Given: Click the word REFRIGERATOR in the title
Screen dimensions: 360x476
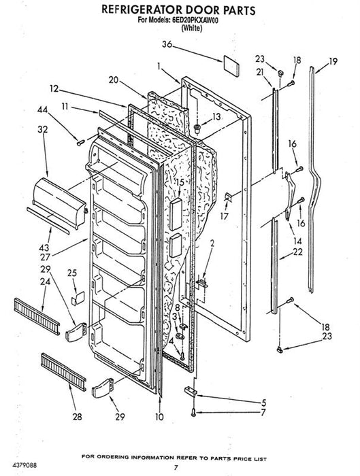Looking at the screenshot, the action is click(x=142, y=10).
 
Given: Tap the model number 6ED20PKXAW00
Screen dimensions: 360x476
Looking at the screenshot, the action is click(x=195, y=20).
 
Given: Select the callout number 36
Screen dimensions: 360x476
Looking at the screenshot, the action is click(x=167, y=44).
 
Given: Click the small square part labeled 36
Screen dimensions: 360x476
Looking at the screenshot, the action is click(x=231, y=65).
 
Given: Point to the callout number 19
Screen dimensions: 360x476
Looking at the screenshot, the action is click(x=333, y=61).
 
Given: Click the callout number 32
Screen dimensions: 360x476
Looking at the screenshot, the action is click(x=43, y=129).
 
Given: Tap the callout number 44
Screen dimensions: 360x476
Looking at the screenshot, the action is click(x=43, y=109).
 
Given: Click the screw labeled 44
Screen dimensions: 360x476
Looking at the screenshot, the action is click(x=80, y=142).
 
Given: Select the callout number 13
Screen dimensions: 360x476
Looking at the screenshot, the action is click(x=216, y=116).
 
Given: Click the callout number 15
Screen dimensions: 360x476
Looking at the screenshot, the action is click(x=180, y=182).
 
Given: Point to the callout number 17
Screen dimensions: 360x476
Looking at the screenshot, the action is click(x=224, y=216).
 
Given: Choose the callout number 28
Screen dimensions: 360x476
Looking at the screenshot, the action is click(x=77, y=416).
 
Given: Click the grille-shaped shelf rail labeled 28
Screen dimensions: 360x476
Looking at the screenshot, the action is click(x=63, y=372).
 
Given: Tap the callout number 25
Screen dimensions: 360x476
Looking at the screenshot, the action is click(x=72, y=273).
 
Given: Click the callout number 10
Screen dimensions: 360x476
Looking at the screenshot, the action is click(x=159, y=417).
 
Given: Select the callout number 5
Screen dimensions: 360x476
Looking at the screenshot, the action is click(x=263, y=403).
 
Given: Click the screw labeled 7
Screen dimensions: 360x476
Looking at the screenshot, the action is click(x=193, y=412).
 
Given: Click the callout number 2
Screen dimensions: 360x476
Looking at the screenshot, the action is click(x=212, y=243).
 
